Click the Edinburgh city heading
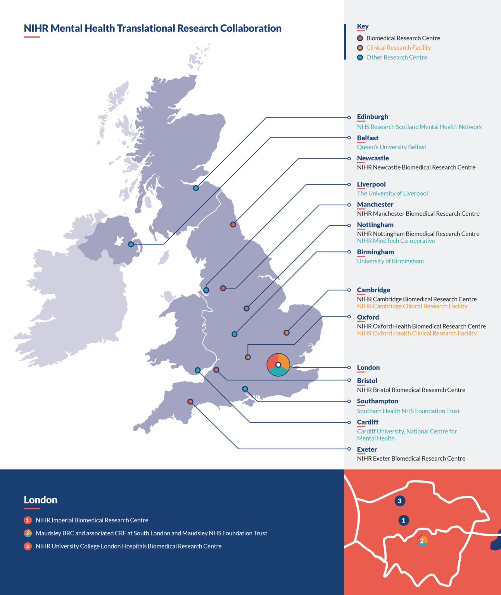(372, 117)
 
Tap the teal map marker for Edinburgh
(196, 188)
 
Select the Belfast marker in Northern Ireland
(131, 244)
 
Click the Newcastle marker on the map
(233, 224)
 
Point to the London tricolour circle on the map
(278, 365)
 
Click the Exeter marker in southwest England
(190, 401)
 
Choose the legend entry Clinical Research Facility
(398, 48)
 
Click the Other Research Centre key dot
(360, 57)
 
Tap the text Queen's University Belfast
(391, 147)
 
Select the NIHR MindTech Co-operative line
(396, 241)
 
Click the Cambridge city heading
(373, 290)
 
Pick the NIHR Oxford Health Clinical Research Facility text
(416, 333)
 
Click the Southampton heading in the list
(377, 401)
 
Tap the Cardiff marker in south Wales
(197, 370)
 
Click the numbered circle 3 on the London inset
(400, 501)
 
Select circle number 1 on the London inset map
(403, 520)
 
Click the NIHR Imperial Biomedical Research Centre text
(92, 520)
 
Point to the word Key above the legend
(363, 26)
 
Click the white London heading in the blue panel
(40, 500)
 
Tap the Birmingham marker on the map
(235, 334)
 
